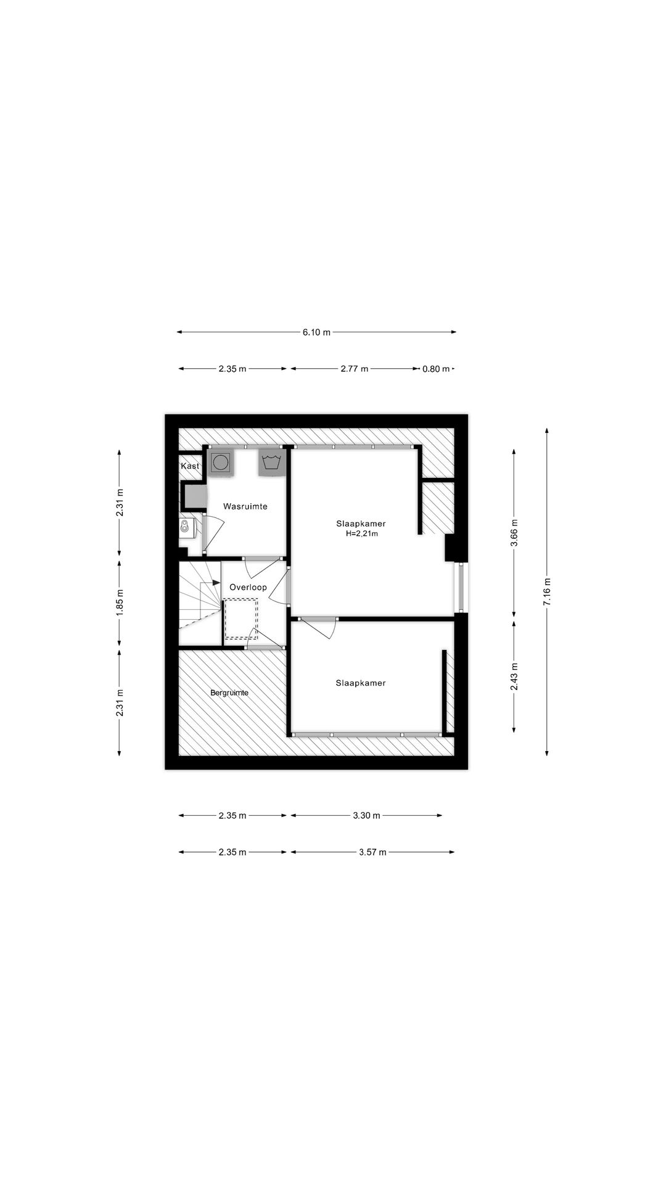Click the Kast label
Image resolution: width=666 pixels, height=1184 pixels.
(190, 466)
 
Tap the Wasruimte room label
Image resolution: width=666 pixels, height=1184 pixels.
(245, 506)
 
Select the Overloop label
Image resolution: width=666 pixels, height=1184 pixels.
(248, 587)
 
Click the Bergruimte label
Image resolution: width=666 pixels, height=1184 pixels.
(229, 693)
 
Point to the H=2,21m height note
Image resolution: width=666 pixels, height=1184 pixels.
(361, 534)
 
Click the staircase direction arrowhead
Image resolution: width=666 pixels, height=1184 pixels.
(216, 582)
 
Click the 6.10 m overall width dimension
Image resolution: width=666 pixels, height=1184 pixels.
(316, 332)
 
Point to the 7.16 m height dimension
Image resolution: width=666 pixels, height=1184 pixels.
(547, 591)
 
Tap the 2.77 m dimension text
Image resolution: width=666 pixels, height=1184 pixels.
(354, 369)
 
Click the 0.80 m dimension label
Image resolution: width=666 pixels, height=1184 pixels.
(435, 369)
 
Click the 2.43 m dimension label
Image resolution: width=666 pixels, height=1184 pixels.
(514, 676)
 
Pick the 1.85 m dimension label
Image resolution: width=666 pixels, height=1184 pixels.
(120, 601)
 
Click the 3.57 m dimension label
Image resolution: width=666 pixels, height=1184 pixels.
(372, 852)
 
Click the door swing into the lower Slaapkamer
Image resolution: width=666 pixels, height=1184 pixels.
(321, 629)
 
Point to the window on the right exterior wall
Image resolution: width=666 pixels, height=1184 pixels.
(460, 587)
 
